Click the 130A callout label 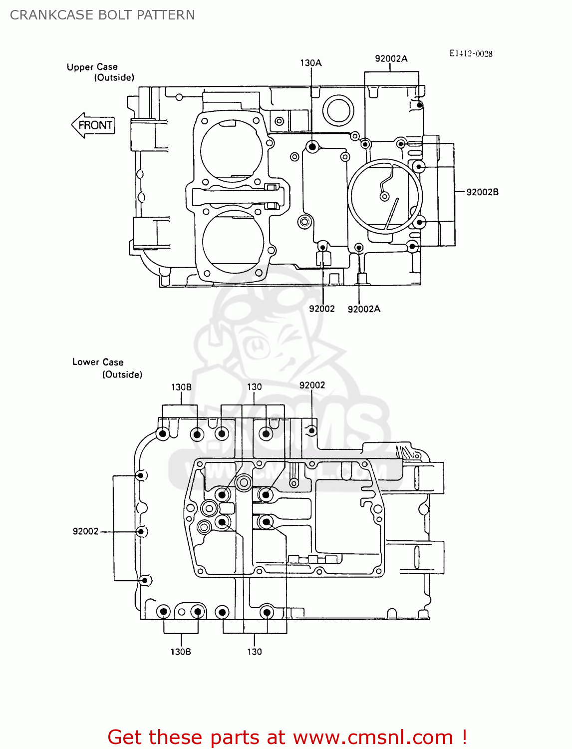click(x=310, y=63)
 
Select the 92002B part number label click(x=482, y=192)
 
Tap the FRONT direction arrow click(x=93, y=125)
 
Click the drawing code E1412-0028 click(x=471, y=53)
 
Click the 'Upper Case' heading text click(x=92, y=67)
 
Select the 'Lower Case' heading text click(x=98, y=362)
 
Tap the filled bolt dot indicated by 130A click(x=312, y=147)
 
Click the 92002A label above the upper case click(x=391, y=59)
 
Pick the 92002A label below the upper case click(x=364, y=309)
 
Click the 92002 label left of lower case click(x=85, y=531)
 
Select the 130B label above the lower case click(x=181, y=387)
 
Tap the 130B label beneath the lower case click(x=181, y=652)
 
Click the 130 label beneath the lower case click(x=254, y=652)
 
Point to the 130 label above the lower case click(x=254, y=387)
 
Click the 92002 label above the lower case click(x=312, y=385)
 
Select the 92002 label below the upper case click(x=322, y=309)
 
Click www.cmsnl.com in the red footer click(x=372, y=737)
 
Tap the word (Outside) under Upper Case click(x=114, y=77)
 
